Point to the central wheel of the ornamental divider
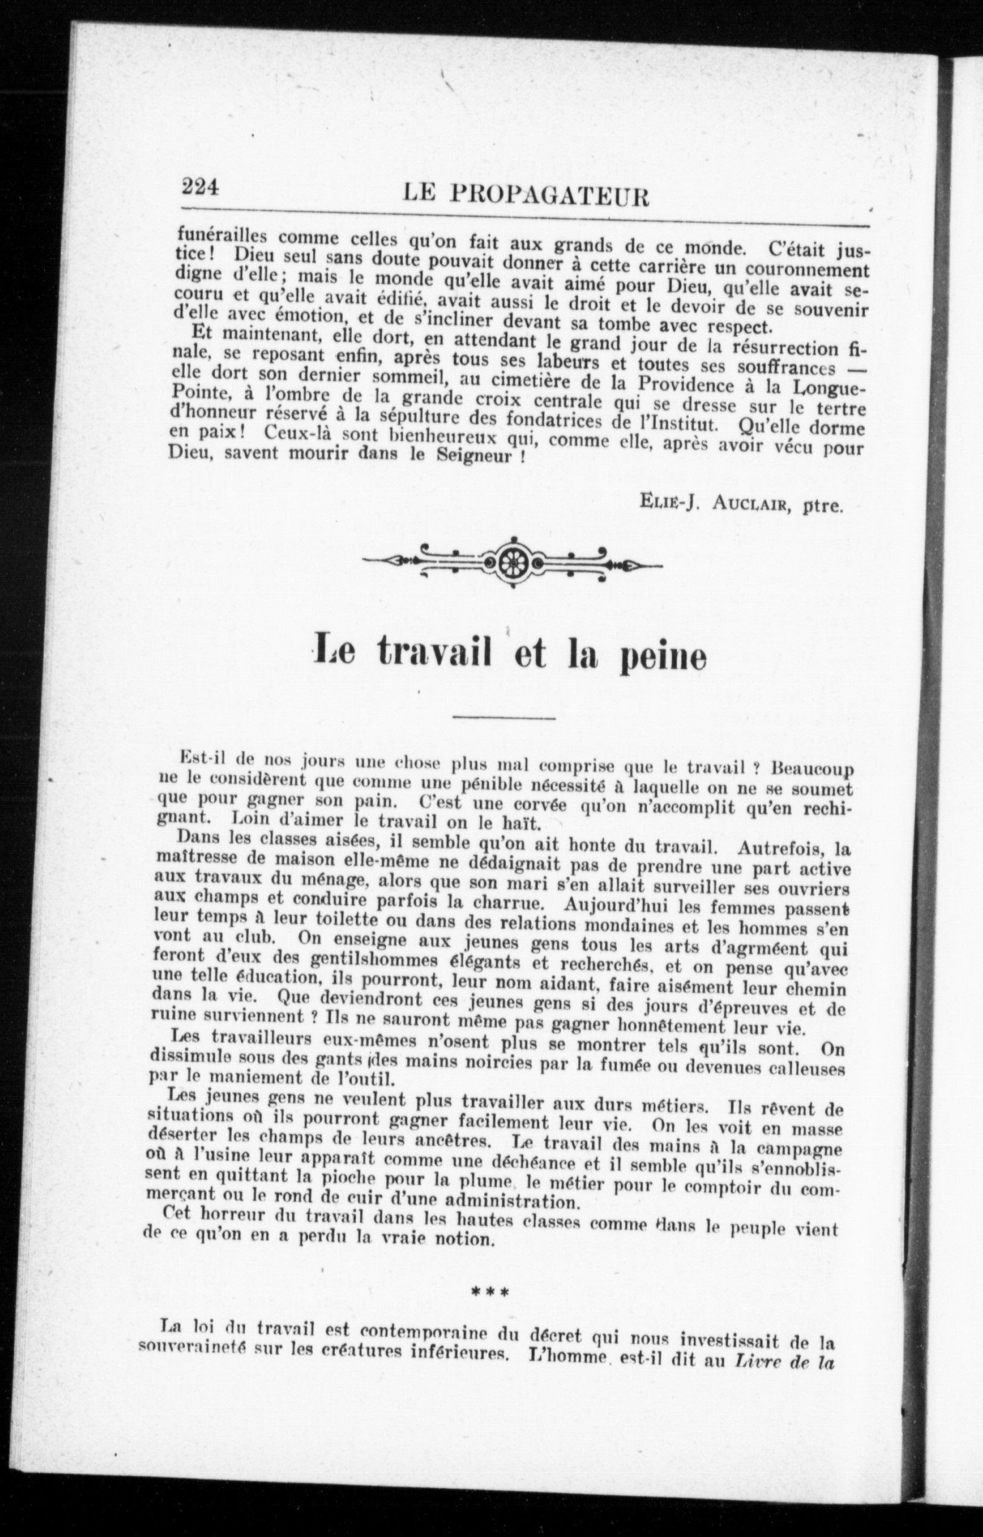coord(511,562)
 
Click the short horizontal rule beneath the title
coord(504,719)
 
